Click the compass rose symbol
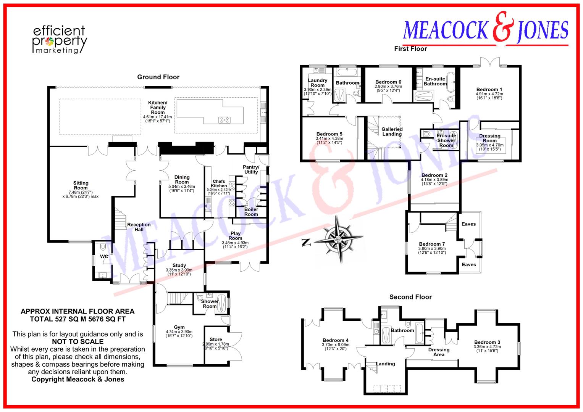click(x=338, y=240)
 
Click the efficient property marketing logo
click(x=59, y=40)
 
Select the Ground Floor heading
click(x=158, y=77)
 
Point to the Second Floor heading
click(x=410, y=297)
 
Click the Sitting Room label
click(x=81, y=185)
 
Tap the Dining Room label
click(x=182, y=180)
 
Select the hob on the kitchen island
click(x=224, y=120)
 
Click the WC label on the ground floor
click(x=104, y=257)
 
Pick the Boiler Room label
click(x=251, y=212)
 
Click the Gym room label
click(x=179, y=327)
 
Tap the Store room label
click(x=216, y=339)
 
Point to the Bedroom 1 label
click(x=489, y=89)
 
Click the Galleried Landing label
click(x=392, y=132)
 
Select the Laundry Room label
click(x=318, y=83)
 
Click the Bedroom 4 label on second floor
click(x=335, y=340)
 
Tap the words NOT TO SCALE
click(x=78, y=341)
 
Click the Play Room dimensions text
click(x=235, y=245)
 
